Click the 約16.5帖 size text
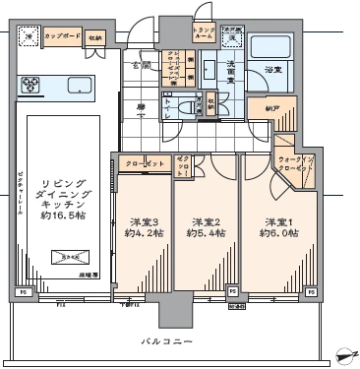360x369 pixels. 63,211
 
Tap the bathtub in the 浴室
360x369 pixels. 267,48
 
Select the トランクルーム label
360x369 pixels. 204,32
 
